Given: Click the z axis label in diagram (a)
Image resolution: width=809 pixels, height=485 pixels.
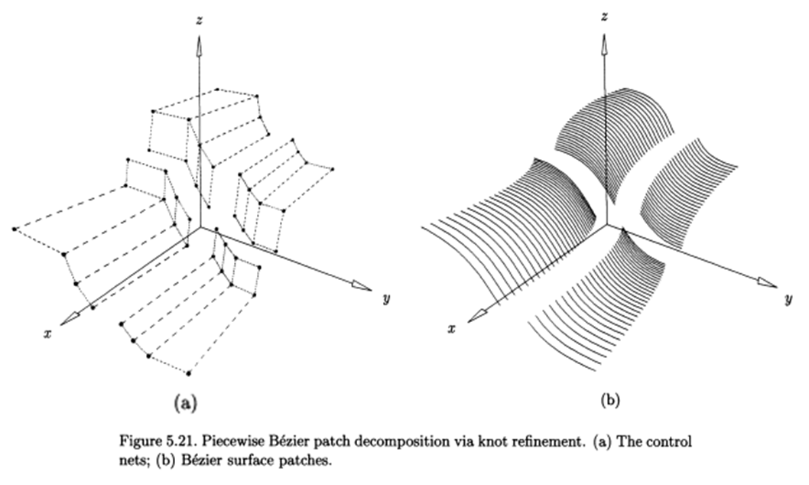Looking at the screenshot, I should pyautogui.click(x=199, y=23).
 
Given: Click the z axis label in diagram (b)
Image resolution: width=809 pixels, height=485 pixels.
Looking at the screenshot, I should pyautogui.click(x=604, y=15).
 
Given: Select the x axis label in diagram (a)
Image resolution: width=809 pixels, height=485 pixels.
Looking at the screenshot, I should pyautogui.click(x=47, y=334).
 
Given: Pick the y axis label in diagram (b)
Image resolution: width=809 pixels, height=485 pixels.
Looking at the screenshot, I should pyautogui.click(x=788, y=299).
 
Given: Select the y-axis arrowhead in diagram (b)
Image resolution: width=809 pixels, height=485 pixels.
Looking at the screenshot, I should pyautogui.click(x=767, y=282).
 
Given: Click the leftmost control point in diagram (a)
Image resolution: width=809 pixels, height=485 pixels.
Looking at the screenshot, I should pyautogui.click(x=14, y=229).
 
